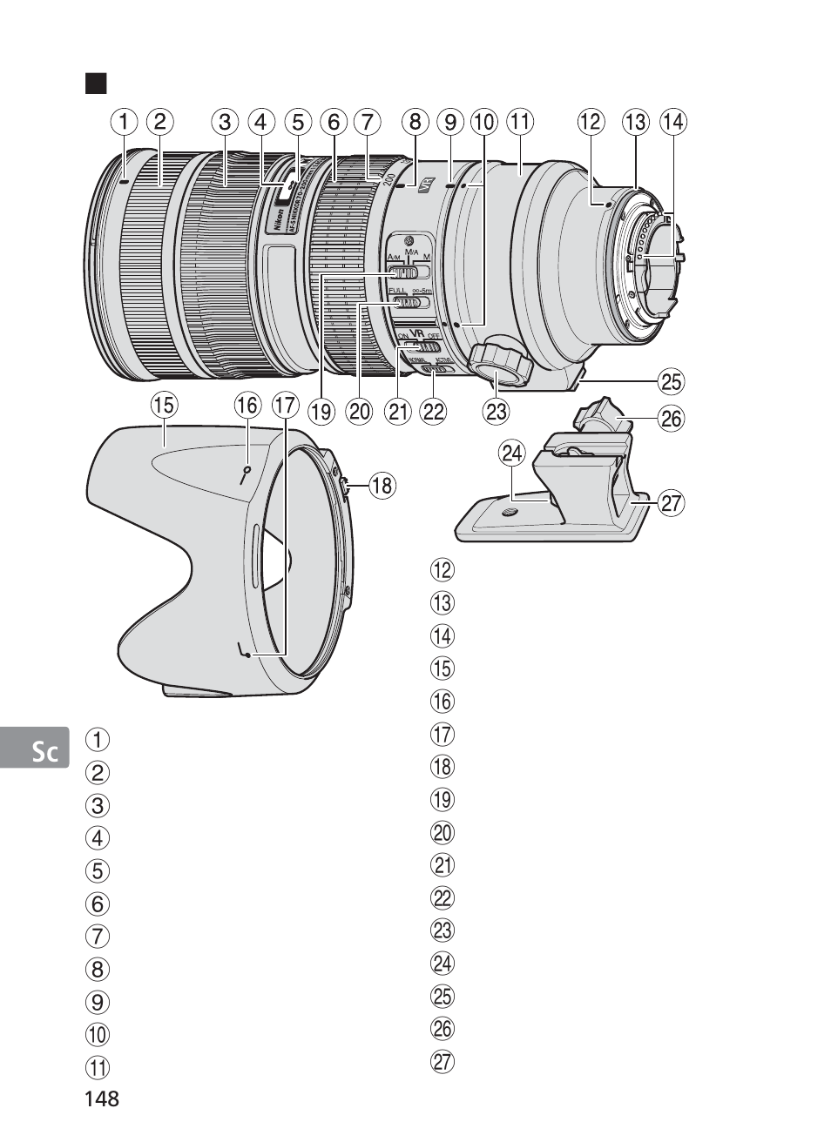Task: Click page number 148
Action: pyautogui.click(x=101, y=1098)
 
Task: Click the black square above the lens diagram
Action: pyautogui.click(x=95, y=84)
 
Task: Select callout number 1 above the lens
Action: pyautogui.click(x=124, y=122)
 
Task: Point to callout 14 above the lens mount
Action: pyautogui.click(x=672, y=122)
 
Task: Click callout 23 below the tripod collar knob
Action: pyautogui.click(x=496, y=411)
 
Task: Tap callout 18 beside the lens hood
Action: pyautogui.click(x=382, y=485)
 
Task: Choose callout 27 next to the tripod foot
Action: pyautogui.click(x=672, y=502)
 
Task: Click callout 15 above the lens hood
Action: pyautogui.click(x=163, y=405)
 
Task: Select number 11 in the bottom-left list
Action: pyautogui.click(x=98, y=1067)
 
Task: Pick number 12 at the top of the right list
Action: pyautogui.click(x=443, y=571)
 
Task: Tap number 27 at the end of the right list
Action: pyautogui.click(x=443, y=1061)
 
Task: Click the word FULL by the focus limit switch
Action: pyautogui.click(x=397, y=290)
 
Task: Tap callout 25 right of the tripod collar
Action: pyautogui.click(x=672, y=381)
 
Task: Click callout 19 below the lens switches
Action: pyautogui.click(x=321, y=411)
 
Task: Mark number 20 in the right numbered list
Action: pyautogui.click(x=443, y=833)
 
